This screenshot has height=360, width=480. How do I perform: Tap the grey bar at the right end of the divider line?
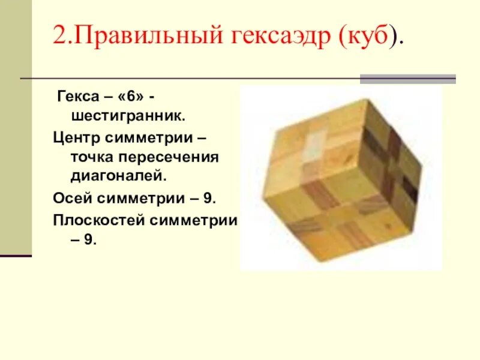click(407, 79)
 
